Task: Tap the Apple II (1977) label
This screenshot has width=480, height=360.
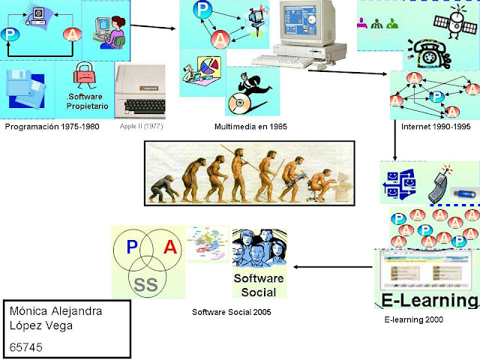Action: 140,127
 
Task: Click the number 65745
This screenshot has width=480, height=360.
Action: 27,347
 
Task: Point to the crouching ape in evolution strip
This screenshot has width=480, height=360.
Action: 160,191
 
